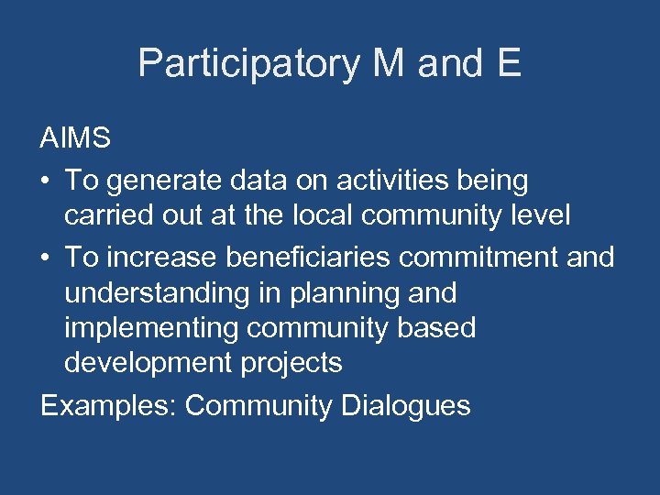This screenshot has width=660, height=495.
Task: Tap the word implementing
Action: pyautogui.click(x=147, y=328)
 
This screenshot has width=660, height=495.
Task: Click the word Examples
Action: pyautogui.click(x=107, y=405)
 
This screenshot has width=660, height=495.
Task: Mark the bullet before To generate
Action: pyautogui.click(x=46, y=181)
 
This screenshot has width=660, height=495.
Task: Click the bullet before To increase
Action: pyautogui.click(x=46, y=258)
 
